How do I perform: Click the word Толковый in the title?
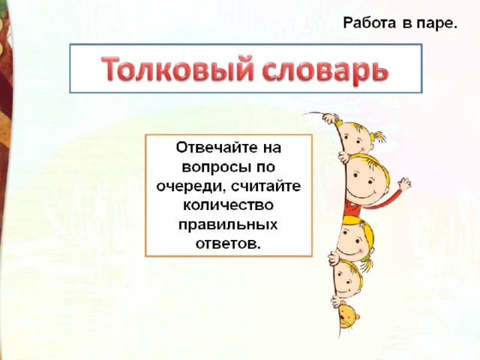point(177,68)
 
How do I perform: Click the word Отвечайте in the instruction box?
point(215,147)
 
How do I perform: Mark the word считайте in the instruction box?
point(266,186)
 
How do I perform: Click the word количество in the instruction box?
point(228,205)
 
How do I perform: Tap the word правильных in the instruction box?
point(228,225)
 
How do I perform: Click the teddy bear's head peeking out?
point(347,315)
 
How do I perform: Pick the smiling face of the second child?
point(366,180)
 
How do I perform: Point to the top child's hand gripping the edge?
point(331,118)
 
